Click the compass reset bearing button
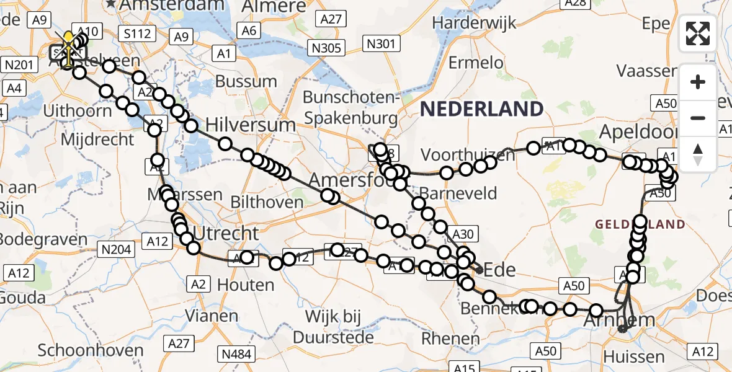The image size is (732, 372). (x=698, y=154)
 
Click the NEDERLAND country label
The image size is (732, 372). (x=481, y=109)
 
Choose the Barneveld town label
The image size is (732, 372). (x=458, y=193)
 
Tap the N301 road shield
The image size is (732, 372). (x=381, y=44)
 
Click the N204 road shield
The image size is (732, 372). (x=117, y=249)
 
